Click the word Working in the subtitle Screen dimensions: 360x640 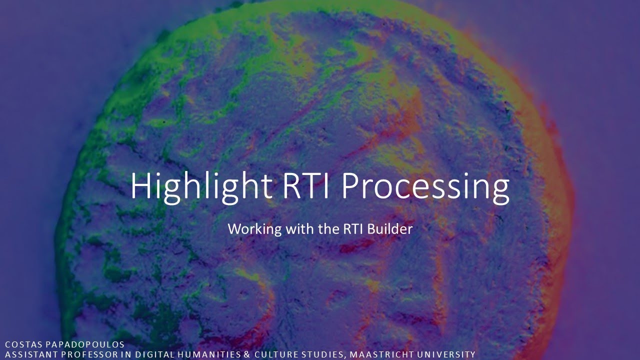pos(254,229)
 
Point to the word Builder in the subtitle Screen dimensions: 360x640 pos(390,229)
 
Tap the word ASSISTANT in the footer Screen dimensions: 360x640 pos(29,354)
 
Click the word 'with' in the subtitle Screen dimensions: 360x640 pos(297,229)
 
